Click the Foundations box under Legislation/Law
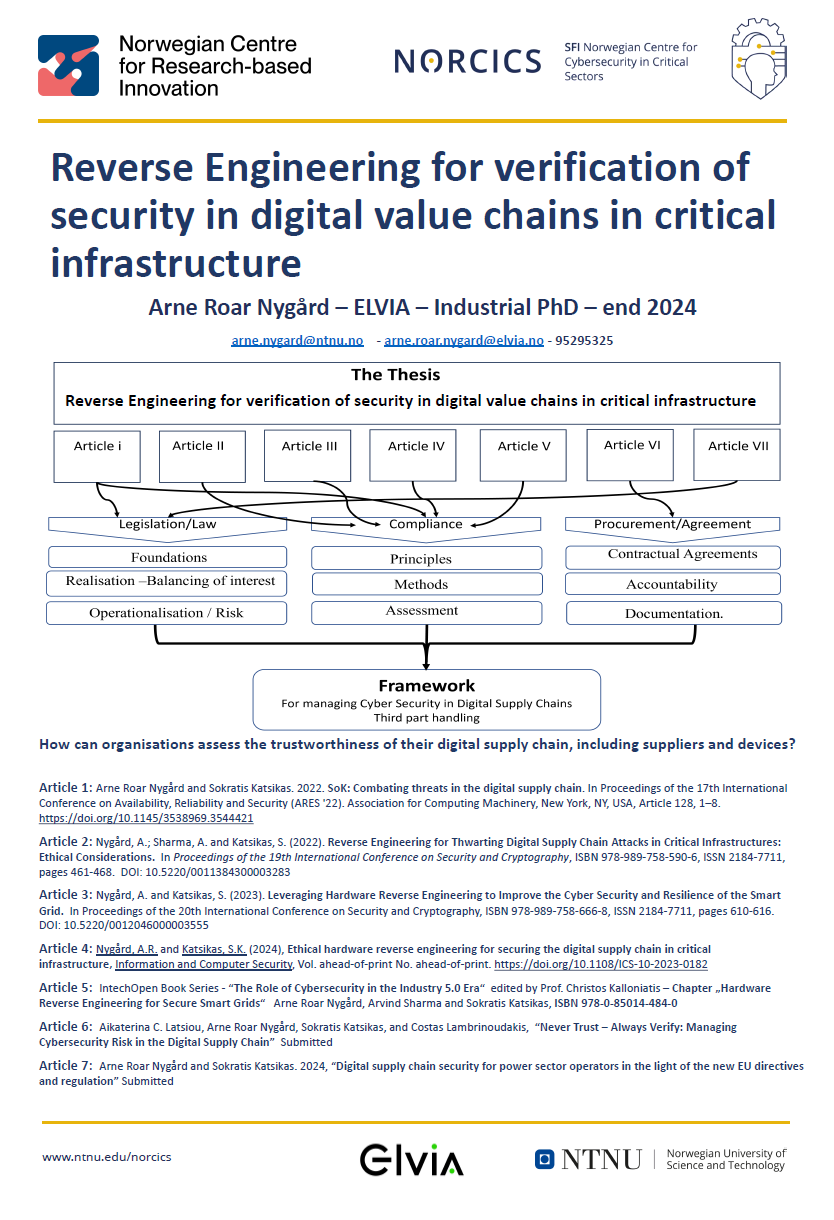coord(168,557)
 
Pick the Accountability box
coord(671,584)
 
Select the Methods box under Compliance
coord(427,584)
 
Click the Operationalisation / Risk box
coord(166,612)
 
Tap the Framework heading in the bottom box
coord(426,686)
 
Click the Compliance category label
coord(426,523)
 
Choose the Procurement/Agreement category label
coord(672,523)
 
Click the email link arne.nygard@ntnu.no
coord(297,341)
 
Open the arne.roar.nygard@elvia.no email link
coord(464,341)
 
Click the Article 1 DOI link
coord(146,818)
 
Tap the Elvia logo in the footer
coord(411,1160)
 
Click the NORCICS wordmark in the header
coord(467,62)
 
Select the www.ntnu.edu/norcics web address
coord(106,1157)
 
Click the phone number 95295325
coord(584,341)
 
